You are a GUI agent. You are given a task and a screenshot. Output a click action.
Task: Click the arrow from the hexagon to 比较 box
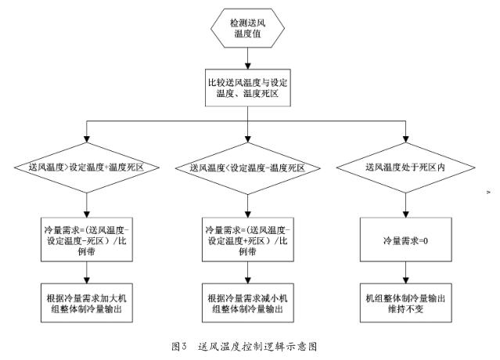(x=248, y=59)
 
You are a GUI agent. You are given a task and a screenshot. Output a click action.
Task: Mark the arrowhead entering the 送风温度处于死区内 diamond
(x=405, y=139)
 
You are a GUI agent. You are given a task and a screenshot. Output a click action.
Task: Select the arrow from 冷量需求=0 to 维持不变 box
(x=405, y=272)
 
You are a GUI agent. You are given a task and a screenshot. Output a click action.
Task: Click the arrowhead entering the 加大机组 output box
(x=86, y=280)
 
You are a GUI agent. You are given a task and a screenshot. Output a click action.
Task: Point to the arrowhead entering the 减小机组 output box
(x=248, y=280)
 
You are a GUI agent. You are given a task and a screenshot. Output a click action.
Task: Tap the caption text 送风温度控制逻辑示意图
(x=257, y=346)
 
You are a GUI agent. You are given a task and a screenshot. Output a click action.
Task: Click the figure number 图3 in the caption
(x=178, y=346)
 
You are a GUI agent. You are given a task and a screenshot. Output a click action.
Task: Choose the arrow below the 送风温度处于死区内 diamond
(x=405, y=205)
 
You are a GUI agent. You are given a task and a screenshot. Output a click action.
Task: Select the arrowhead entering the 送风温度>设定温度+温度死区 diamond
(x=86, y=139)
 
